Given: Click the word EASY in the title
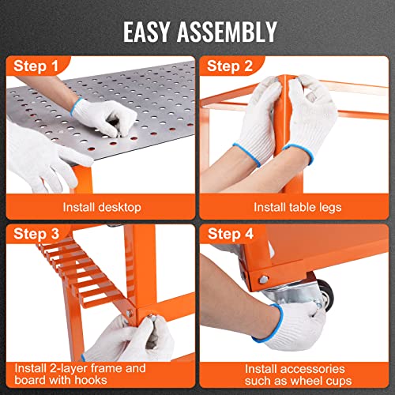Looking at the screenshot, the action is click(146, 32).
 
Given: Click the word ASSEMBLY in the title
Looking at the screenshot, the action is click(228, 32).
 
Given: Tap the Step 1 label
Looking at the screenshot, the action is click(36, 66).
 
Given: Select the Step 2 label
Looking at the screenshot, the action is click(230, 66).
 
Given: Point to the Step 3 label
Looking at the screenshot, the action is click(36, 234).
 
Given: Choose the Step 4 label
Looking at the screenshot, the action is click(231, 234).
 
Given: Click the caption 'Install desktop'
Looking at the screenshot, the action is click(102, 208).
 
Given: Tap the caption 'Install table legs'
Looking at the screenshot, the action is click(298, 207).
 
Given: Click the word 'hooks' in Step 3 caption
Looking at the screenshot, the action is click(91, 380).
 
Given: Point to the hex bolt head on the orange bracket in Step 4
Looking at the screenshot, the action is click(263, 280).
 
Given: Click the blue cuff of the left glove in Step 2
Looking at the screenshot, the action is click(247, 155).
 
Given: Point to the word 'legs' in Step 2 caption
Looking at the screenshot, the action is click(330, 208).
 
